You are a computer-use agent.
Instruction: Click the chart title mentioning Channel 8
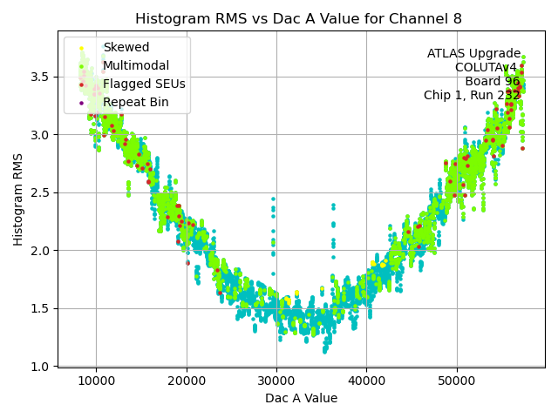pos(299,18)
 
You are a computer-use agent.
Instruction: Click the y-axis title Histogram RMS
pos(18,199)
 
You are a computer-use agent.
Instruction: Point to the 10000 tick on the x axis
pos(96,381)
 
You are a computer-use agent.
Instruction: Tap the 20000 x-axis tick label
pos(186,381)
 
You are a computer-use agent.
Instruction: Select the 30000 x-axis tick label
pos(276,381)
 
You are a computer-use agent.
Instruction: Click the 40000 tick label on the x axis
pos(366,381)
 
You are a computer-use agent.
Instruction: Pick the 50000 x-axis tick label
pos(456,381)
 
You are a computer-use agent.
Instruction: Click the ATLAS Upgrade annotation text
pos(473,54)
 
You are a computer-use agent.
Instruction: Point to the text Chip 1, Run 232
pos(472,95)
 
